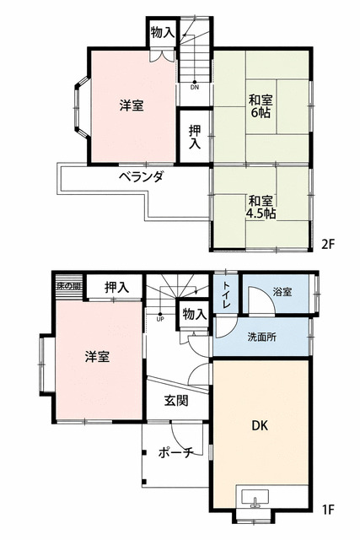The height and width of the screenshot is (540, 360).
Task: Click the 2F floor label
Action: pyautogui.click(x=328, y=245)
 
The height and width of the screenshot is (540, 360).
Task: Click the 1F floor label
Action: pyautogui.click(x=328, y=510)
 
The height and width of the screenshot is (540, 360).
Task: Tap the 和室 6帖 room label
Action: pyautogui.click(x=260, y=105)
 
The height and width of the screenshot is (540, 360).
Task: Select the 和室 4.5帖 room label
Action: pyautogui.click(x=260, y=208)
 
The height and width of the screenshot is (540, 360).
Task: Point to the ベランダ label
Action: pyautogui.click(x=140, y=177)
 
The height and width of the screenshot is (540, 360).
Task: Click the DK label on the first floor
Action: pyautogui.click(x=261, y=425)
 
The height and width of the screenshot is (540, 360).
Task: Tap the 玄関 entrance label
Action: pyautogui.click(x=176, y=401)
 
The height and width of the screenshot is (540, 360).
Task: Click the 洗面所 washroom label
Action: pyautogui.click(x=261, y=339)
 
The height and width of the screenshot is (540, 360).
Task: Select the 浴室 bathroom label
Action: pyautogui.click(x=282, y=293)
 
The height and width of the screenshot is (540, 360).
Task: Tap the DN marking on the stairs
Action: pyautogui.click(x=195, y=86)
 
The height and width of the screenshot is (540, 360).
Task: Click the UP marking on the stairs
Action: pyautogui.click(x=159, y=318)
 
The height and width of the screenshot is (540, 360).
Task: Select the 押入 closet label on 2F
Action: pyautogui.click(x=195, y=138)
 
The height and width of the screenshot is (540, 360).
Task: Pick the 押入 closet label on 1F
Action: pyautogui.click(x=117, y=288)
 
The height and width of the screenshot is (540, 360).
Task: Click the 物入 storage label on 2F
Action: pyautogui.click(x=163, y=34)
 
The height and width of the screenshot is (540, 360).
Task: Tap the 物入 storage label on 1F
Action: pyautogui.click(x=194, y=315)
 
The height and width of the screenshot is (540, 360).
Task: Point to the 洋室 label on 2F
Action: pyautogui.click(x=131, y=105)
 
